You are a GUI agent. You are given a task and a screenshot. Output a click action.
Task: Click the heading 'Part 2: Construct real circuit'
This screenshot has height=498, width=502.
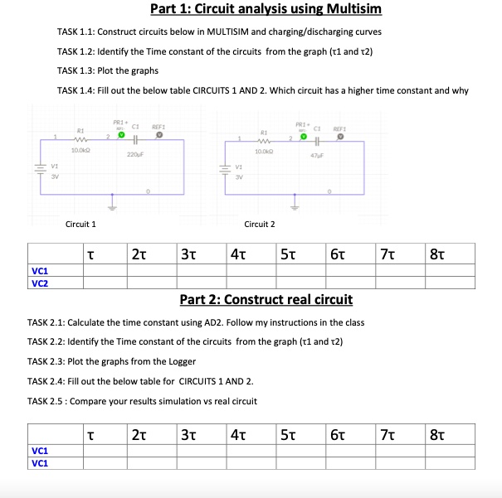coord(266,299)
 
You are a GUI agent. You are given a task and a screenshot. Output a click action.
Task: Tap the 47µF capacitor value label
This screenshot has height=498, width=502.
coord(315,155)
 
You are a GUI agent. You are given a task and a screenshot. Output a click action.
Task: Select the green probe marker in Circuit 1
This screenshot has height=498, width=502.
coord(121,134)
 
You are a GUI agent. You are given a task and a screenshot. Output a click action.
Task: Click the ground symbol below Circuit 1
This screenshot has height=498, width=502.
coord(114,203)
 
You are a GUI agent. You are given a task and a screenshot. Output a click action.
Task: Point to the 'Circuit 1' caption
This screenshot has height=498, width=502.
coord(80,224)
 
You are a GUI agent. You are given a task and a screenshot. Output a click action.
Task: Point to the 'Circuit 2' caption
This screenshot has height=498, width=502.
coord(260,224)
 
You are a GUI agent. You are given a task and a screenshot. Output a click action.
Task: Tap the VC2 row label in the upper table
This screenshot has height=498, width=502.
coord(39,283)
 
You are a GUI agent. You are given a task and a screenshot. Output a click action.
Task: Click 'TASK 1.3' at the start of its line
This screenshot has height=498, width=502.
coord(75,70)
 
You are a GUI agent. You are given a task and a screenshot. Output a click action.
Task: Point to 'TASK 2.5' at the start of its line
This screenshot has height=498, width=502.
coord(46,401)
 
